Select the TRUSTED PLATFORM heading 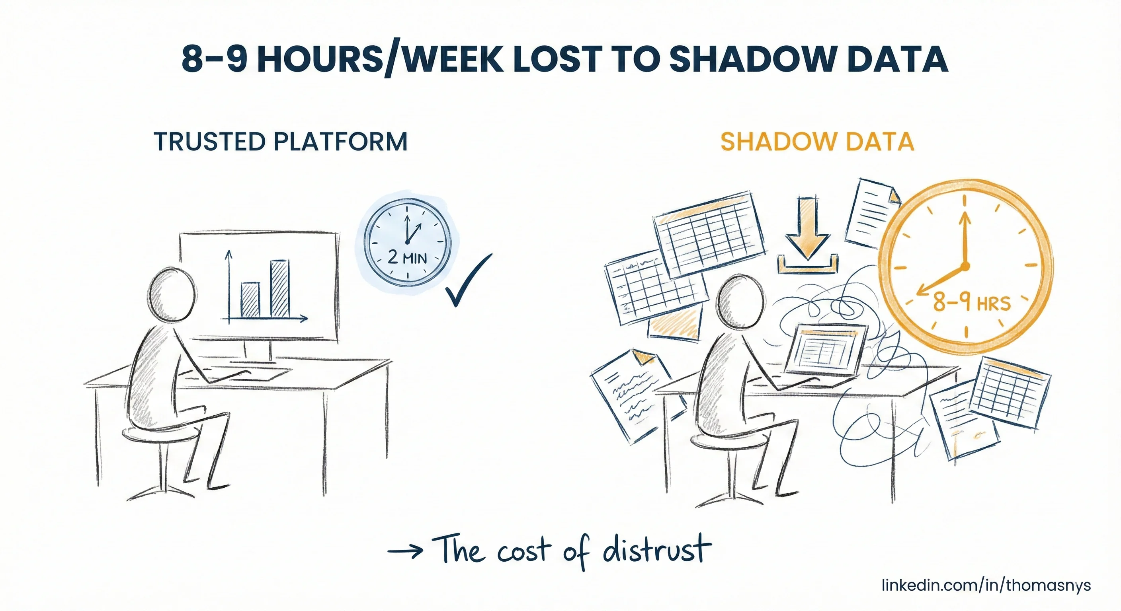pyautogui.click(x=281, y=142)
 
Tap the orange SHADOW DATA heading pyautogui.click(x=817, y=142)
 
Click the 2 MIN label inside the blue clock pyautogui.click(x=407, y=257)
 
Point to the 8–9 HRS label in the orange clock pyautogui.click(x=971, y=302)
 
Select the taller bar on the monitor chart pyautogui.click(x=279, y=289)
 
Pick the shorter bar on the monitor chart pyautogui.click(x=251, y=300)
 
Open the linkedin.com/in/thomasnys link pyautogui.click(x=986, y=585)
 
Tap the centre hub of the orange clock pyautogui.click(x=965, y=266)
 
